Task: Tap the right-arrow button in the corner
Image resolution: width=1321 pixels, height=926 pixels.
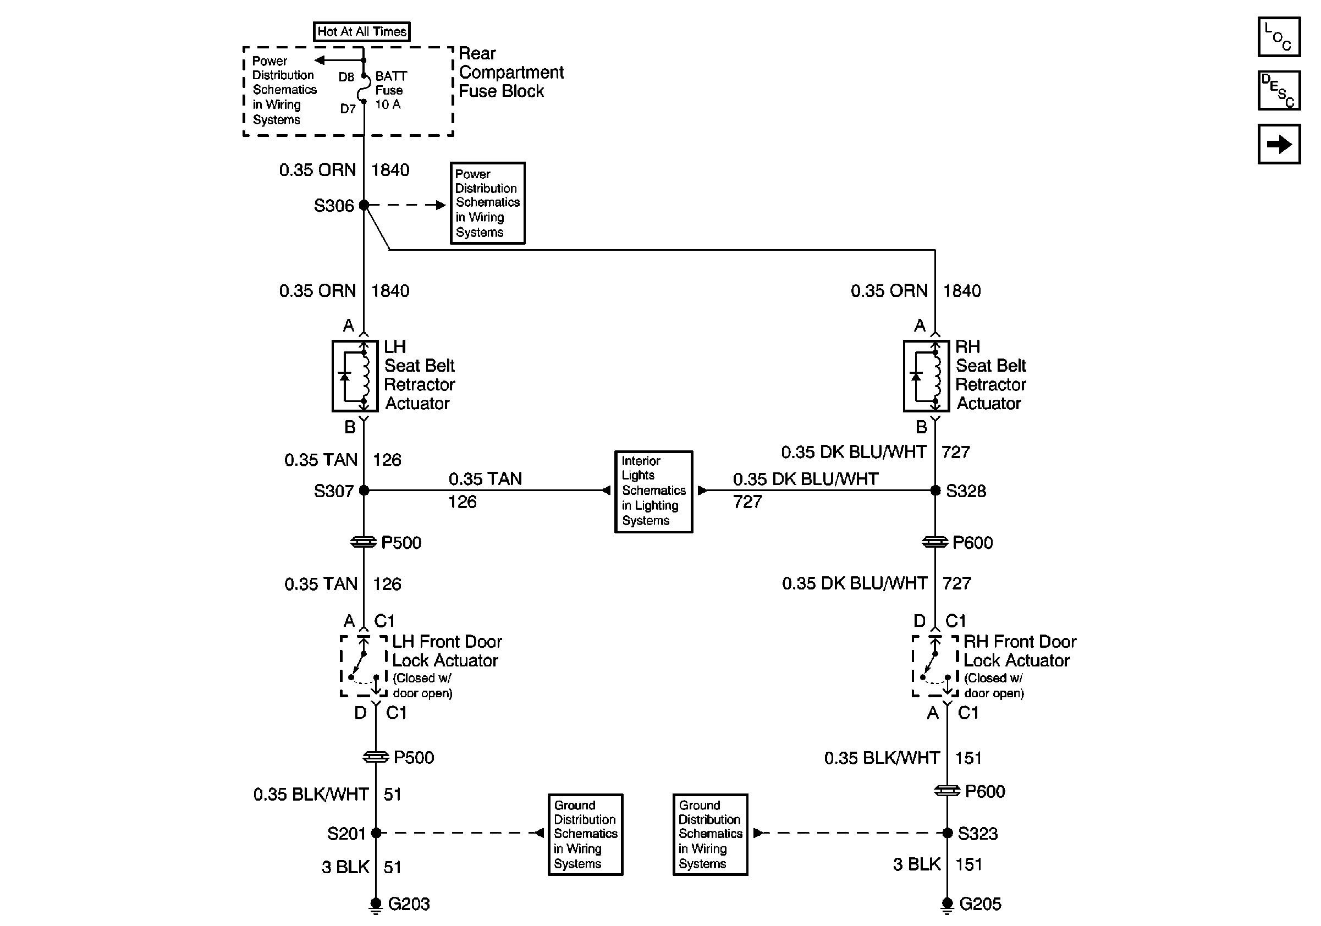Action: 1279,144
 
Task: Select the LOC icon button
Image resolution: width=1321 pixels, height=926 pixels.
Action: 1279,37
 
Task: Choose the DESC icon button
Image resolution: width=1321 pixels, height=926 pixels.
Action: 1279,90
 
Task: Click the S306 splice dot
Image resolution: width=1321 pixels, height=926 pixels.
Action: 364,205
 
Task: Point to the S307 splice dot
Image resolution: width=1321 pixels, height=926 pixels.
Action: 364,490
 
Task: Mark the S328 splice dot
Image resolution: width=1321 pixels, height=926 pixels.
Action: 935,490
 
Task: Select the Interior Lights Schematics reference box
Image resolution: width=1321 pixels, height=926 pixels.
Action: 653,492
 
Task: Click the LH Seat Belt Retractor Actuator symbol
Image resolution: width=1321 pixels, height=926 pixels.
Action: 355,376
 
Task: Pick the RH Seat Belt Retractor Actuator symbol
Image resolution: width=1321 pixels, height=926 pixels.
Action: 926,376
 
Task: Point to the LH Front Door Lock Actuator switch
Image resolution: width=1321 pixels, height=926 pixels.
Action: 364,666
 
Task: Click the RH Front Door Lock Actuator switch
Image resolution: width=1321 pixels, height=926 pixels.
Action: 935,666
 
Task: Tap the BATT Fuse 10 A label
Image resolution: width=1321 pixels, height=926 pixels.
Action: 391,90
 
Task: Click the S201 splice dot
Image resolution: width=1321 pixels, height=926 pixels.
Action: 376,833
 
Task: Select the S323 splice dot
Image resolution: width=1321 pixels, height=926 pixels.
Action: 947,833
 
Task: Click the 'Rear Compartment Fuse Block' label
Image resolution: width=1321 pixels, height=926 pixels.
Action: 511,73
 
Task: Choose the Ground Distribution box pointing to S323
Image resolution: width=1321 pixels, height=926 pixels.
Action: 711,835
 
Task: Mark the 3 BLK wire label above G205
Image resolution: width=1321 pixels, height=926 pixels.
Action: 917,864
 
